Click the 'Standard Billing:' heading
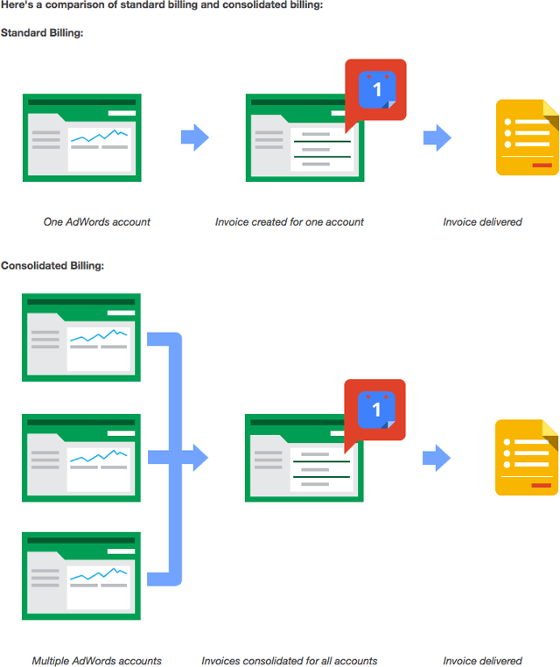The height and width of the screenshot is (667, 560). [42, 32]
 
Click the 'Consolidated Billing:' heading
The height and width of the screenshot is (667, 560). [52, 265]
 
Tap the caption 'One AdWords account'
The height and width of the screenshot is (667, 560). [97, 222]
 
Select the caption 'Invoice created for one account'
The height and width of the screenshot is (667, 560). [289, 222]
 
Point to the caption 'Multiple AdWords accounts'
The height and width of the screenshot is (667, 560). [96, 661]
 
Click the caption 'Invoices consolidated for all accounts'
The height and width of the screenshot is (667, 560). [289, 661]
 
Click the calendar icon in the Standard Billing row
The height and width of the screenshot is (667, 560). [377, 90]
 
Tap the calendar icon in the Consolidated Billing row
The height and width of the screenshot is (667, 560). [376, 410]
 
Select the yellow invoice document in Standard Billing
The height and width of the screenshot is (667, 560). [528, 137]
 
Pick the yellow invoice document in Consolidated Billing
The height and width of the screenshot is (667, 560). [527, 458]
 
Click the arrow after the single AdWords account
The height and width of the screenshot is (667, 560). [195, 137]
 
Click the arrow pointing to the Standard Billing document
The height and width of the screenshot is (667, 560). [437, 137]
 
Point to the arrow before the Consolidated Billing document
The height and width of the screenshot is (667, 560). [437, 458]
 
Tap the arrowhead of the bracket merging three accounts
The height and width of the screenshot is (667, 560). [200, 458]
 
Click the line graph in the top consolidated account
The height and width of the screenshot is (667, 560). [98, 335]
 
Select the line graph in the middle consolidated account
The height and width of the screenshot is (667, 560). [98, 456]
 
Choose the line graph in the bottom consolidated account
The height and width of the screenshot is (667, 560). [98, 574]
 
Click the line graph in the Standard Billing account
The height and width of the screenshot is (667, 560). [99, 136]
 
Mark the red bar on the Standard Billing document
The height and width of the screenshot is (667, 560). [542, 165]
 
